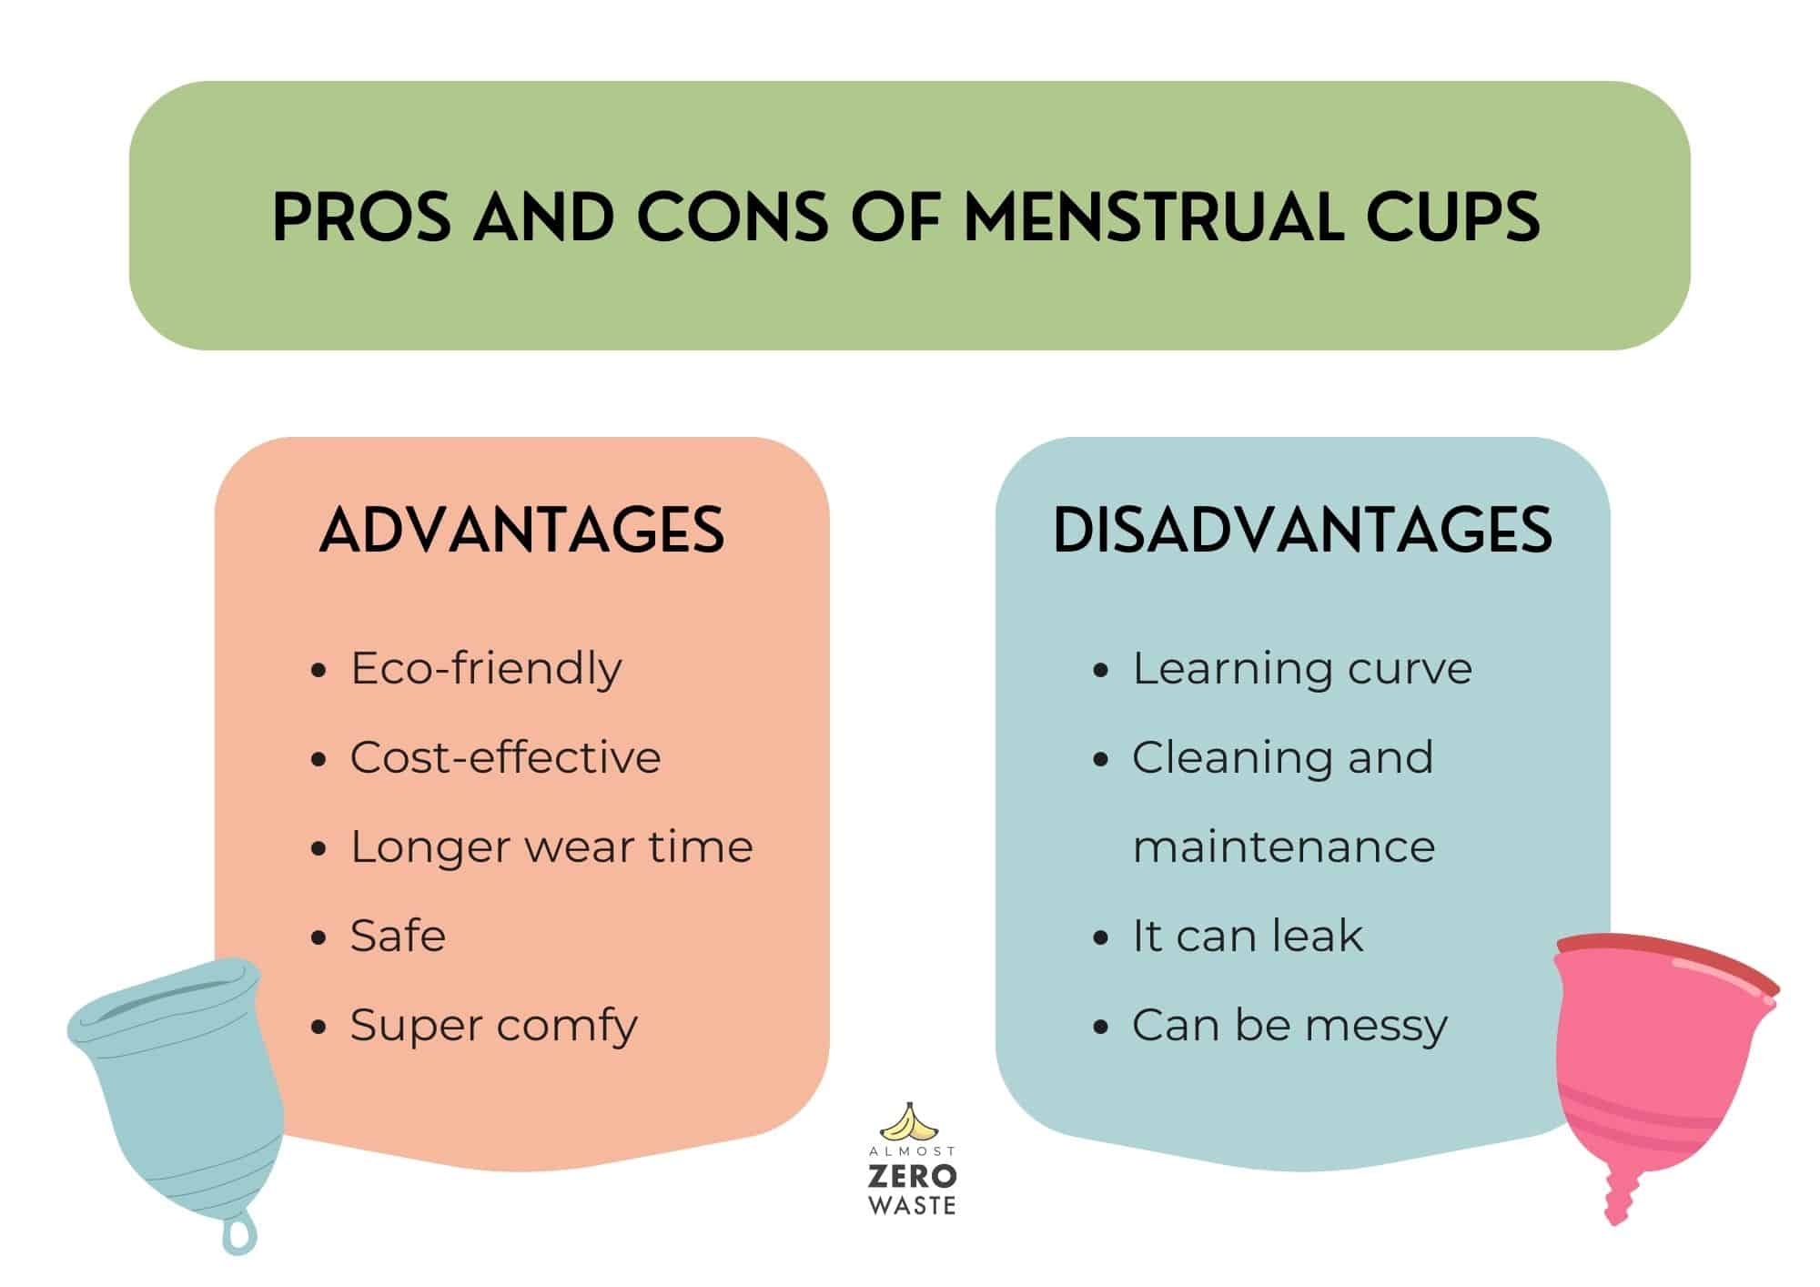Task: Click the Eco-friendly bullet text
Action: coord(486,669)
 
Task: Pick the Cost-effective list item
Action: coord(505,757)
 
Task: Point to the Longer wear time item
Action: coord(551,846)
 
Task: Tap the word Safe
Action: coord(398,936)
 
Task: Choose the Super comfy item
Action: coord(493,1026)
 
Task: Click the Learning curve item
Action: coord(1301,669)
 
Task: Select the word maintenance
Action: coord(1283,846)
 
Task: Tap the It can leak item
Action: coord(1247,936)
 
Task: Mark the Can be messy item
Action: coord(1289,1026)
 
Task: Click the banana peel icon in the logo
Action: coord(911,1122)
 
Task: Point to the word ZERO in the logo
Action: coord(912,1176)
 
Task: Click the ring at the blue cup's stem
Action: coord(239,1235)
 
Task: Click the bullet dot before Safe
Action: coord(318,937)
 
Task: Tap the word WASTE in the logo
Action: coord(912,1206)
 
